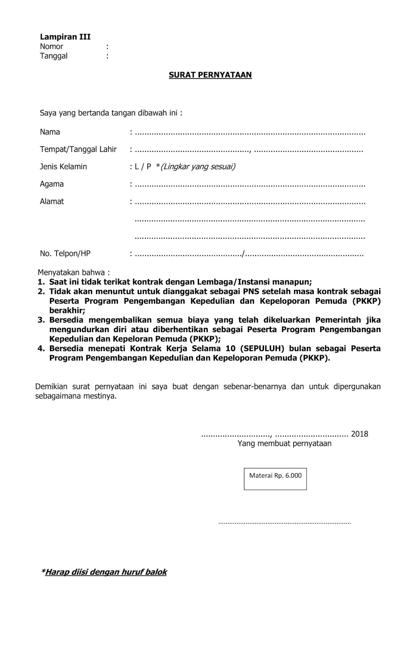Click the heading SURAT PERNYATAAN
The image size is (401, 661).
click(210, 75)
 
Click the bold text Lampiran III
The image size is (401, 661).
click(65, 37)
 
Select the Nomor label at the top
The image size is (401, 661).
click(52, 46)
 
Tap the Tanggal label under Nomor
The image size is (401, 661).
click(54, 56)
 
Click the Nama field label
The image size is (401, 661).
click(50, 132)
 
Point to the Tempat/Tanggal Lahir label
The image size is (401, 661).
click(78, 149)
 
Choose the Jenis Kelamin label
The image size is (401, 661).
click(63, 166)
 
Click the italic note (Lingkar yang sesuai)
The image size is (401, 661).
click(197, 166)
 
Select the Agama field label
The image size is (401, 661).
click(52, 184)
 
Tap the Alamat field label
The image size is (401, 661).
click(52, 201)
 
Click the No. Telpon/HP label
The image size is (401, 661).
click(65, 253)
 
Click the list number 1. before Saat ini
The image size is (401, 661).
click(41, 282)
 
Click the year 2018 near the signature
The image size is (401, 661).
click(359, 434)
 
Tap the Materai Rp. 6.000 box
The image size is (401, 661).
click(275, 478)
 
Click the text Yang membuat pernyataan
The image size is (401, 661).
click(284, 443)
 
